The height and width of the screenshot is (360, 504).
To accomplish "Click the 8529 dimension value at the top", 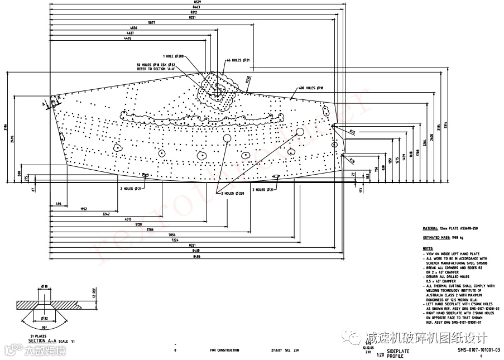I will click(191, 2).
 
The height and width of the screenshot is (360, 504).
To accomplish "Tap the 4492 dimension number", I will click(128, 39).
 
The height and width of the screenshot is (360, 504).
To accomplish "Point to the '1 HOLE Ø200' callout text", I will click(173, 56).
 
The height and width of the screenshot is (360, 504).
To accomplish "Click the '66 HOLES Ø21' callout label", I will click(238, 60).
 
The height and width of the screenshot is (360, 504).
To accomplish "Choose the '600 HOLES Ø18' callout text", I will click(311, 88).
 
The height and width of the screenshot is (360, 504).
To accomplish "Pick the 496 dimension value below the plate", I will click(58, 204).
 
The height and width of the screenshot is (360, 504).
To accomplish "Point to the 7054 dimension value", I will click(171, 235).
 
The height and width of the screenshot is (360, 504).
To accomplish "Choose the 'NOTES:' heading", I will click(428, 248).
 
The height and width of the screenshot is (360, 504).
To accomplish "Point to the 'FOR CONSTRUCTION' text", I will click(224, 350).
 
